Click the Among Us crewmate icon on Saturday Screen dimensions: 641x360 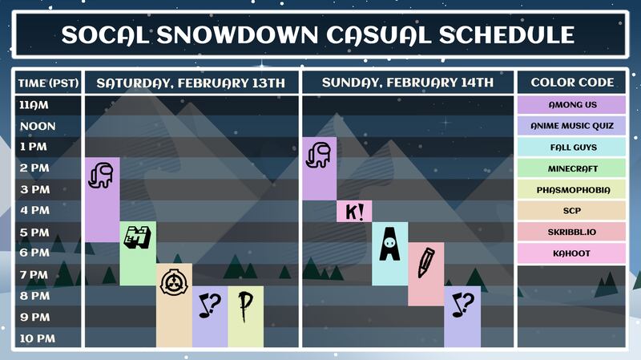coord(101,176)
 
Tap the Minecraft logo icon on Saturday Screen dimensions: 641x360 coord(137,237)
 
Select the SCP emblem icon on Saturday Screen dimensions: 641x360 coord(174,282)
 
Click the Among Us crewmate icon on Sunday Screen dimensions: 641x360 coord(318,155)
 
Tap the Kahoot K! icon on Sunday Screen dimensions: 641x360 coord(354,212)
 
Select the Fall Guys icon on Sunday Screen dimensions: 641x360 coord(389,245)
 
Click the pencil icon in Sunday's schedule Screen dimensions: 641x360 coord(426,263)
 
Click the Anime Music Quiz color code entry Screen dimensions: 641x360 coord(571,126)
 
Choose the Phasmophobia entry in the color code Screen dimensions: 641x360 coord(571,190)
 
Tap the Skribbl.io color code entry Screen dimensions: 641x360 coord(571,232)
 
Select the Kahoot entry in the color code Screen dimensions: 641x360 coord(571,253)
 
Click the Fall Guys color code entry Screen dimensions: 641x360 coord(571,148)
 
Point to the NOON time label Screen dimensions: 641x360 coord(38,126)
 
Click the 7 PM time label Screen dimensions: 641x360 coord(34,274)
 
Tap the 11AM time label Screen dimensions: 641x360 coord(34,105)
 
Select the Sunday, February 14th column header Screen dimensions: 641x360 coord(408,83)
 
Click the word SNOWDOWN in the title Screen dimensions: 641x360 coord(237,34)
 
